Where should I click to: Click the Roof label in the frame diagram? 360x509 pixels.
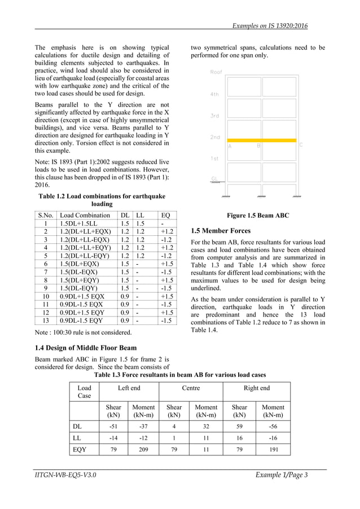pyautogui.click(x=216, y=72)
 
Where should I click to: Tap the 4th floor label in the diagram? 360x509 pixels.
pyautogui.click(x=214, y=94)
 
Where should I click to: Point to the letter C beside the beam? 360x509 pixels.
pyautogui.click(x=301, y=145)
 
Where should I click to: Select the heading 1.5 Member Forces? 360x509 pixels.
pyautogui.click(x=221, y=231)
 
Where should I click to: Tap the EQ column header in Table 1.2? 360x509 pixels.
pyautogui.click(x=165, y=215)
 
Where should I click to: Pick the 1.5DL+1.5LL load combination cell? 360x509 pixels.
pyautogui.click(x=79, y=223)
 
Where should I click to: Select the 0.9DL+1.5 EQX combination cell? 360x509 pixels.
pyautogui.click(x=82, y=296)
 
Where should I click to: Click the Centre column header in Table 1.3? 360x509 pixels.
pyautogui.click(x=191, y=388)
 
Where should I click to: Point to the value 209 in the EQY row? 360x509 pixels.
pyautogui.click(x=143, y=450)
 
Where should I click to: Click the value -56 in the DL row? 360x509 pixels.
pyautogui.click(x=273, y=425)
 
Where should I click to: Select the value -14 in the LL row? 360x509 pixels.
pyautogui.click(x=113, y=438)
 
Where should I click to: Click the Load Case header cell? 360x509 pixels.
pyautogui.click(x=84, y=392)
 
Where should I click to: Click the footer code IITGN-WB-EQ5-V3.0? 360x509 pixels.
pyautogui.click(x=64, y=475)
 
